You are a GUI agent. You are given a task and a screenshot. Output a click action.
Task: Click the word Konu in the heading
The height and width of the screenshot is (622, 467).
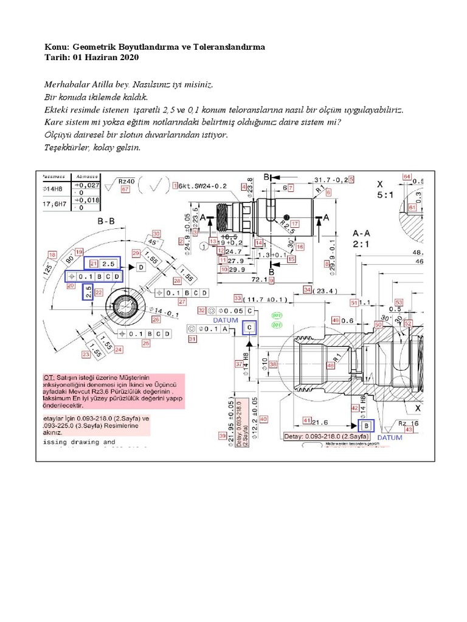click(57, 47)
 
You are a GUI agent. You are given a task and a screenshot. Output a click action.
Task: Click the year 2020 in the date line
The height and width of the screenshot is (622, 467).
click(130, 57)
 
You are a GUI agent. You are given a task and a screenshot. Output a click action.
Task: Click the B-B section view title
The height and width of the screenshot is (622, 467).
click(106, 222)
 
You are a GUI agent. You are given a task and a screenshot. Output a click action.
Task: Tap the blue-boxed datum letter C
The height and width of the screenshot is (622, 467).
click(249, 327)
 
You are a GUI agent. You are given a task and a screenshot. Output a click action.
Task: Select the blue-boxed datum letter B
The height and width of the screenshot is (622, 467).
click(367, 425)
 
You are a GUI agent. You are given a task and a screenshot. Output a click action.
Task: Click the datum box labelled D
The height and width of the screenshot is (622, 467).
click(141, 267)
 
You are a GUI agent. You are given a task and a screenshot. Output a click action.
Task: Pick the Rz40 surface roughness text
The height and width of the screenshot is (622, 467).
click(126, 181)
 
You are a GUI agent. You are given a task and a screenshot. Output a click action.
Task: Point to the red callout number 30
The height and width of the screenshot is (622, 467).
click(156, 233)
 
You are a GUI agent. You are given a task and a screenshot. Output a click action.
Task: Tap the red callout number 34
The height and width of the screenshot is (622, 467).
click(307, 290)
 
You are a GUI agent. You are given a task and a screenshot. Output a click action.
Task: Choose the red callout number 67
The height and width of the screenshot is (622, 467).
click(126, 190)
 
